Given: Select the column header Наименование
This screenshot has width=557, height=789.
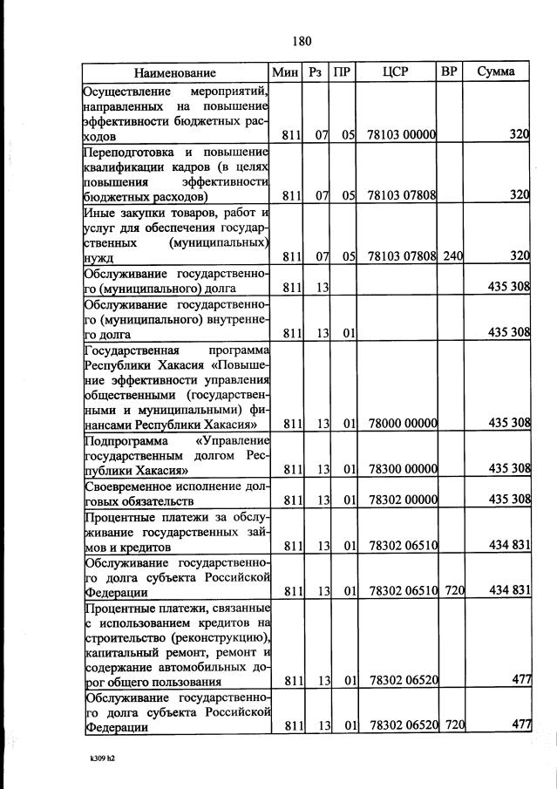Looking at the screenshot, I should click(175, 72).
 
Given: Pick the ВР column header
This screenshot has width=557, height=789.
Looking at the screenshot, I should click(449, 71).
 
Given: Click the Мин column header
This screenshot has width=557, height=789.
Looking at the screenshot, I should click(286, 71).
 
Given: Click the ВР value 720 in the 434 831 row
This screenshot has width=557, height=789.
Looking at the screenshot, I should click(452, 590).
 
